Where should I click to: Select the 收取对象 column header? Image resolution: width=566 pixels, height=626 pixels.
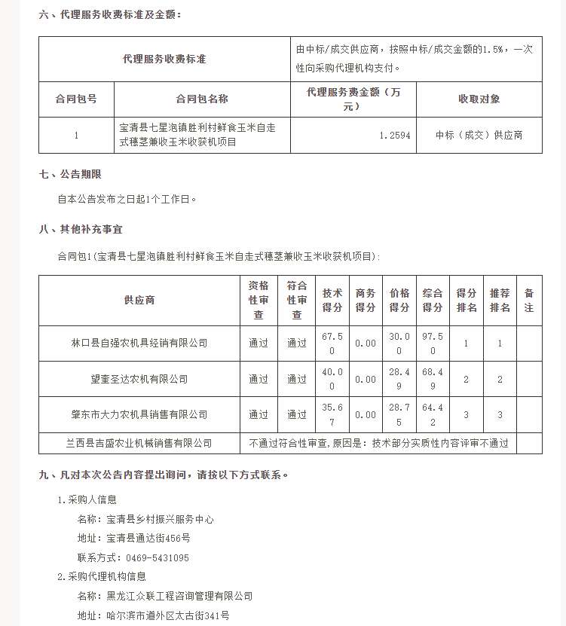[479, 99]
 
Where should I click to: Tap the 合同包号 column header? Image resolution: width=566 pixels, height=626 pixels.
[76, 99]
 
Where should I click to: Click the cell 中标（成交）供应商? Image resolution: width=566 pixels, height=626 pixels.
[479, 136]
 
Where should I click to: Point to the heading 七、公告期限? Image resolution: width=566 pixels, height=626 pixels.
[70, 175]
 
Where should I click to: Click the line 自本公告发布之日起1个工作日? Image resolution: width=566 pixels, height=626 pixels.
[127, 200]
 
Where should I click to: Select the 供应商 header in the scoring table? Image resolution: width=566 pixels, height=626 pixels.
[139, 300]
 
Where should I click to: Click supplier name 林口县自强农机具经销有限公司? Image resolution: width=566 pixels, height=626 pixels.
[139, 343]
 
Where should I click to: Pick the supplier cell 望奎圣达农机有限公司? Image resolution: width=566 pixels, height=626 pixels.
[139, 379]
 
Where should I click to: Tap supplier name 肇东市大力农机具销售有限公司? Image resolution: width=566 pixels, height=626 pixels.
[139, 414]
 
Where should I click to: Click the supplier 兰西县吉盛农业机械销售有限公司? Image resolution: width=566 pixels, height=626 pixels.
[139, 443]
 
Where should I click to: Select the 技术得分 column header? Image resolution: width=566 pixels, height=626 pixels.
[332, 300]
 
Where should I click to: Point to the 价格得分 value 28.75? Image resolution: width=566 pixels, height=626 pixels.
[399, 414]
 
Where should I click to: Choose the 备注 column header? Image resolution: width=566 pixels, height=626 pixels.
[528, 300]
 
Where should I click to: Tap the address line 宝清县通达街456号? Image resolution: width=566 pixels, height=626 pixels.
[148, 539]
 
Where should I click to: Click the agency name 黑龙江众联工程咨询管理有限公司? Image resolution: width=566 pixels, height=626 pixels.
[179, 596]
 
